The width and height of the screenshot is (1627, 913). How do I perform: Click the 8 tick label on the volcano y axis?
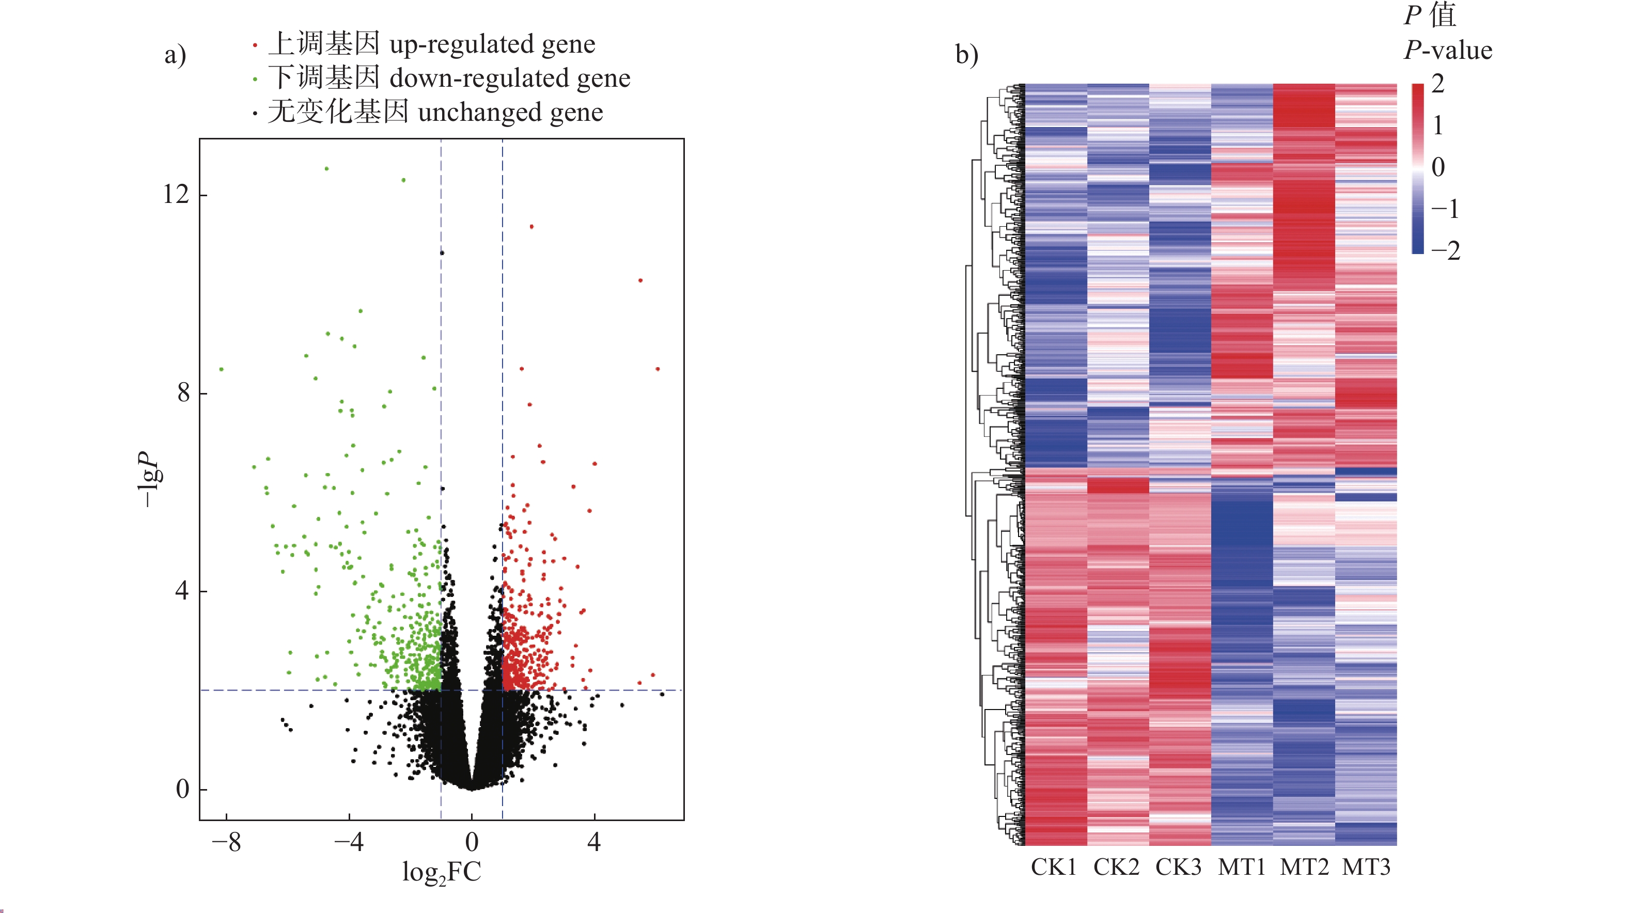click(x=183, y=393)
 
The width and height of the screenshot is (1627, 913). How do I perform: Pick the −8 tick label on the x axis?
click(x=226, y=842)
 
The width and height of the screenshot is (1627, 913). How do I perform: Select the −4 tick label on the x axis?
click(x=349, y=842)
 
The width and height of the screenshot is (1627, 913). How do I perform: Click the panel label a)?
click(x=176, y=54)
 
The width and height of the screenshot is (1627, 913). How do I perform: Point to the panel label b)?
click(x=966, y=54)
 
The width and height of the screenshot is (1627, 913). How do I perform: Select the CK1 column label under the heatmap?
click(x=1054, y=867)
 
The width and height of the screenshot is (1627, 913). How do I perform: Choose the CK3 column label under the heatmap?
click(x=1178, y=867)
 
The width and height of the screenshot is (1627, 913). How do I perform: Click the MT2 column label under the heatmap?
click(x=1304, y=867)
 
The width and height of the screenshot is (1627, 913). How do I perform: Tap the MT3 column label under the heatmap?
click(x=1366, y=867)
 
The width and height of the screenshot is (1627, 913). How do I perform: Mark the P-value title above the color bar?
click(x=1448, y=50)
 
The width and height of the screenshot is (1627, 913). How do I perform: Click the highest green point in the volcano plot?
click(x=326, y=168)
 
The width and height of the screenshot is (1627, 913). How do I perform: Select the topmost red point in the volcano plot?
click(x=532, y=227)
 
